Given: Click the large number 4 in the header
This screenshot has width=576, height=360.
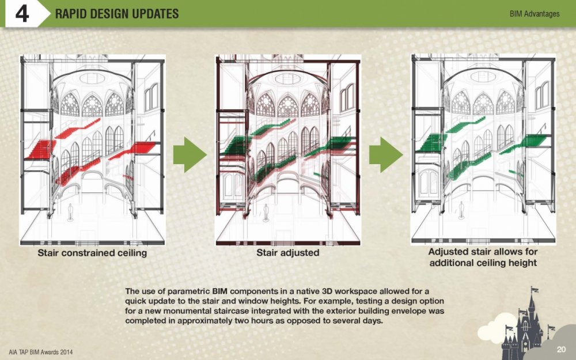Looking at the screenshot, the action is (22, 14).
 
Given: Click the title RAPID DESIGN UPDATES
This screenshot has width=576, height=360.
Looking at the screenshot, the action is (117, 14).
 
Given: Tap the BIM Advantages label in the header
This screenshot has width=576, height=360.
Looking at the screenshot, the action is (534, 14).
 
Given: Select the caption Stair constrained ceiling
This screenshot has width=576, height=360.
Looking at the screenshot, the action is (92, 253).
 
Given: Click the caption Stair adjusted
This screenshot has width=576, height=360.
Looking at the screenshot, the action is (287, 253).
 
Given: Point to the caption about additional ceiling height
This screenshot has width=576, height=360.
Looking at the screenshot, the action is (483, 257).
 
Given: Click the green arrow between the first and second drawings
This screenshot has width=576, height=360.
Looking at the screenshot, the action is (190, 154).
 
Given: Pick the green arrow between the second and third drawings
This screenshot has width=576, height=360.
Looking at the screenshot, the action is (386, 154).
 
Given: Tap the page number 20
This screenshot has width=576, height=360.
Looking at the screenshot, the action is (560, 350).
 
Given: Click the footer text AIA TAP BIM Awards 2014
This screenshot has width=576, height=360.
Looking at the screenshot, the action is (40, 352).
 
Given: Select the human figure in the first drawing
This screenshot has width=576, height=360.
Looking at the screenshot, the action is (70, 213).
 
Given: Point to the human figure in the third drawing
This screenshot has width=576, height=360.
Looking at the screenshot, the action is (461, 211).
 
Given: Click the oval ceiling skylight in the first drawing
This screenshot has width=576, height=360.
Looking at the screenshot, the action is (92, 78).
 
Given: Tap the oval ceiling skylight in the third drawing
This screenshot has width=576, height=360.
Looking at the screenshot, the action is (483, 77).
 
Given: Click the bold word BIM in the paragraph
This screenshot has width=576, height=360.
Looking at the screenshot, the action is (219, 291).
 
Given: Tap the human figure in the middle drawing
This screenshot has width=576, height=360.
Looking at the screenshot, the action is (266, 213).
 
